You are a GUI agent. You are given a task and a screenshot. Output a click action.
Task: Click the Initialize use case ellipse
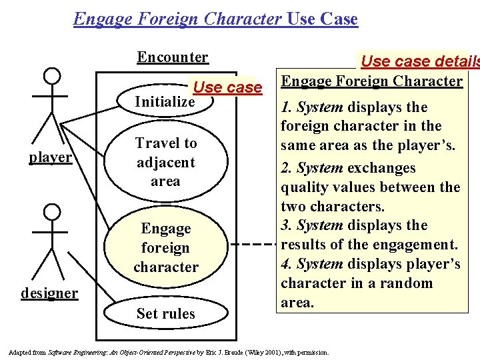point(165,102)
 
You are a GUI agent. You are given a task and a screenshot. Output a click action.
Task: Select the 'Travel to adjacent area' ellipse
point(165,162)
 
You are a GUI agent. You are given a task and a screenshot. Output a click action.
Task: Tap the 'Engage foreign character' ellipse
point(166,247)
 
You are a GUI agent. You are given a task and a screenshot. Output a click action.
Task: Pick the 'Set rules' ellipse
point(165,313)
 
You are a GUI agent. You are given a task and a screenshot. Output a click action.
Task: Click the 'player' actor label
point(50,157)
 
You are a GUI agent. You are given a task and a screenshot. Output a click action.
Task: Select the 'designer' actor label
point(49,293)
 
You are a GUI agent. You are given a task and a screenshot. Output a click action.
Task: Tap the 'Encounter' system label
point(173,57)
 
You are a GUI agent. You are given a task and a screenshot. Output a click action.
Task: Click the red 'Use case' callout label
point(227,87)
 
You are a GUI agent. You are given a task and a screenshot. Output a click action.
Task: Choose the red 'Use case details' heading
point(419,61)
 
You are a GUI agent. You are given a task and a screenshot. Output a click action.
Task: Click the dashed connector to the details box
point(257,244)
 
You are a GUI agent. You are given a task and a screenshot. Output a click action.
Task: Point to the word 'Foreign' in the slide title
point(172,19)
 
